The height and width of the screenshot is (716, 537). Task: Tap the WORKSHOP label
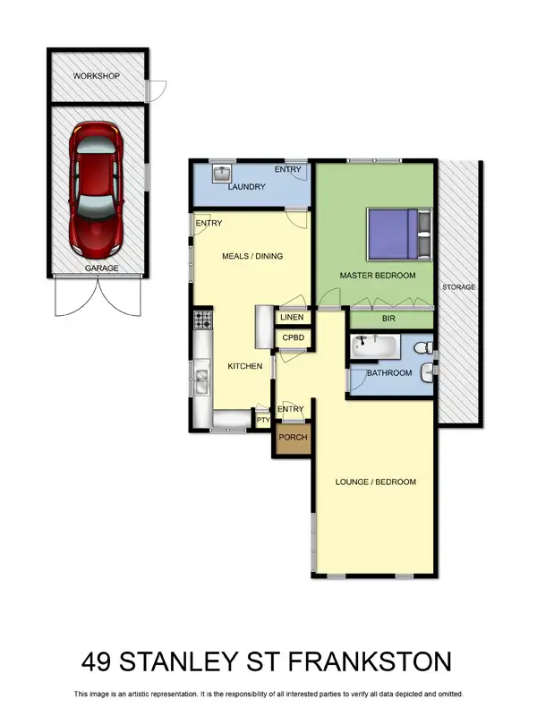(97, 77)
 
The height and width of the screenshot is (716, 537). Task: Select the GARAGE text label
(101, 268)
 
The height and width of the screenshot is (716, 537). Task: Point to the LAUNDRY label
(246, 187)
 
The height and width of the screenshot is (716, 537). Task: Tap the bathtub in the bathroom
(373, 345)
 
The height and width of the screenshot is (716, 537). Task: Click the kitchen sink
(201, 382)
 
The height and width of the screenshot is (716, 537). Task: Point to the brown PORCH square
(293, 438)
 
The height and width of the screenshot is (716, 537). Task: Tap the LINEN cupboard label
(293, 318)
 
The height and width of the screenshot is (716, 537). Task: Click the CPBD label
(293, 338)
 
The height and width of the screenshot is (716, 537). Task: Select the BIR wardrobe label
(390, 319)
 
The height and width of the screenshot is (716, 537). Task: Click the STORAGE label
(458, 287)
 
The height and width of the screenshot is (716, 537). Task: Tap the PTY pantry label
(263, 419)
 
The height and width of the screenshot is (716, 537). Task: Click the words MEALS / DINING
(251, 256)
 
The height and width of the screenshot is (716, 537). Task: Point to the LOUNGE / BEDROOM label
(376, 482)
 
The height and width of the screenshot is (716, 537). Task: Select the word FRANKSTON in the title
(375, 663)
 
